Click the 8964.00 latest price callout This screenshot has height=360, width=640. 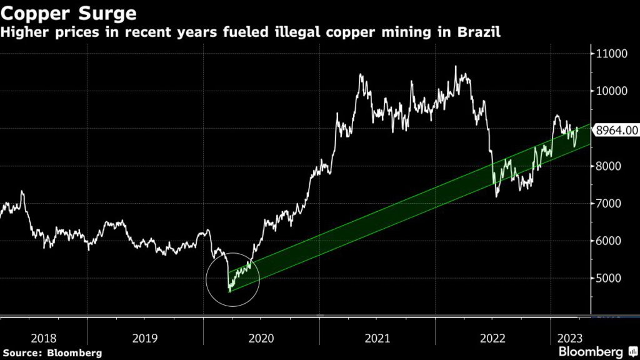(616, 130)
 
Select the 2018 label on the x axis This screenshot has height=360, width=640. (43, 338)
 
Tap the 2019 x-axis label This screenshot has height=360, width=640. (146, 338)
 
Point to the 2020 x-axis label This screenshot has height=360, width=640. (261, 338)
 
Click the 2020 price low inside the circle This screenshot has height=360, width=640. (229, 291)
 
